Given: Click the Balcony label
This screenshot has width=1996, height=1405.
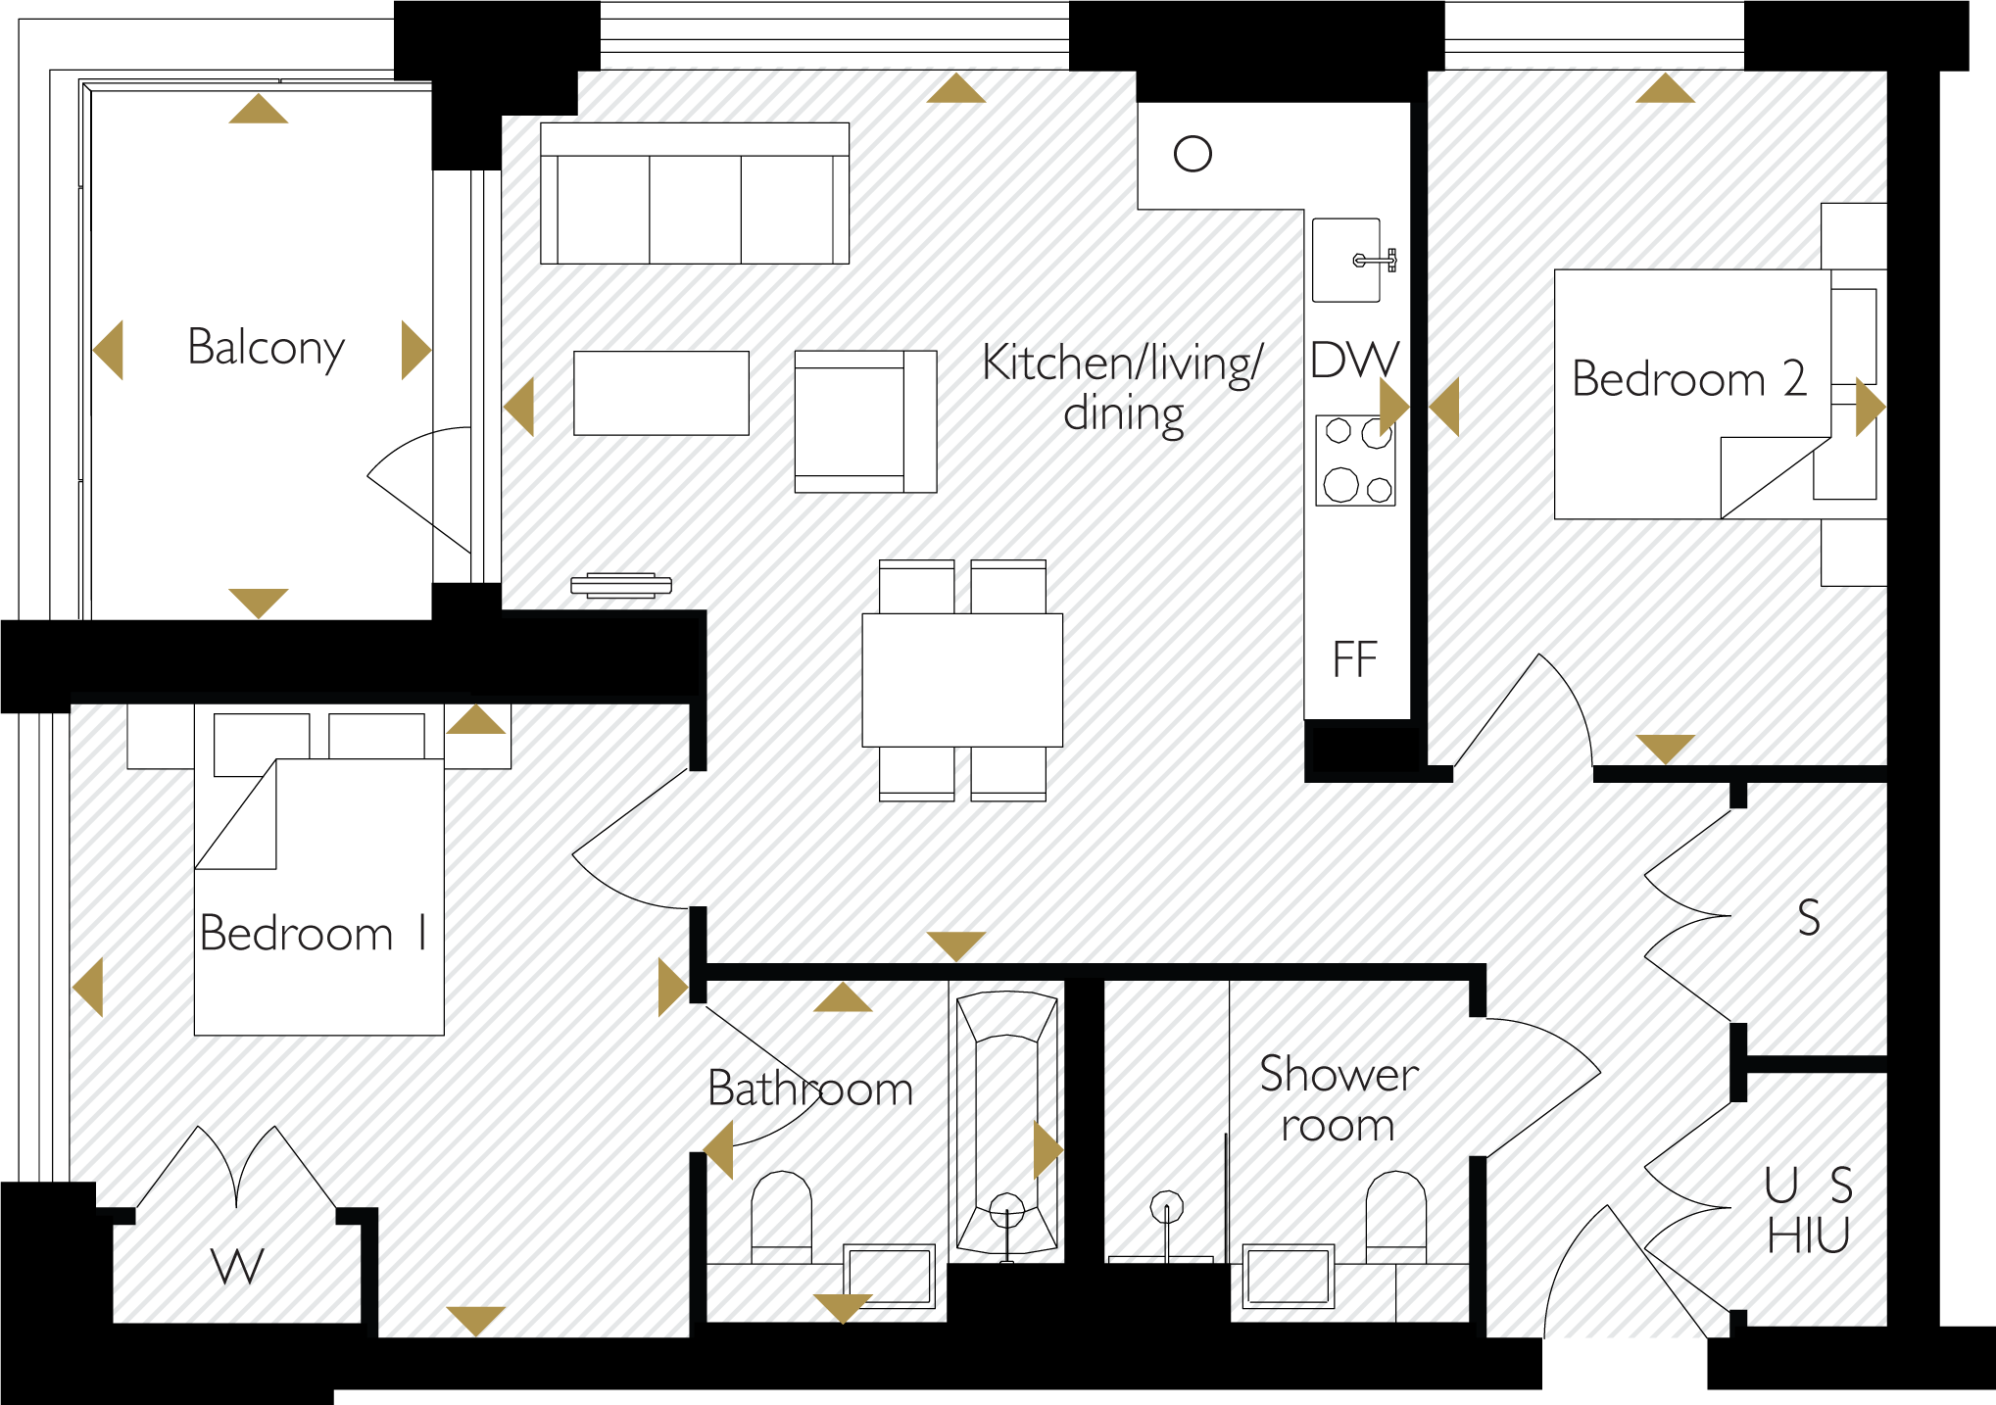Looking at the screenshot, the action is [266, 348].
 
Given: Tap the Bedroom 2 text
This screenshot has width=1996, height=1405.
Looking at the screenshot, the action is [1689, 378].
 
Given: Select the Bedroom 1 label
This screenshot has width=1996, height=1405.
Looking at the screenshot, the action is [314, 933].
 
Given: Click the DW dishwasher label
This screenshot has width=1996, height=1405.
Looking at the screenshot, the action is [1355, 360].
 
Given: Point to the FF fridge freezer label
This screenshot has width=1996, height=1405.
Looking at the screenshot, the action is [1355, 659].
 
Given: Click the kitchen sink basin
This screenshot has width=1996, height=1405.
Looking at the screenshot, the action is [1346, 260].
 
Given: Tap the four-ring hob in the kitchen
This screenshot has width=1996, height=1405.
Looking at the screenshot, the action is [1356, 460].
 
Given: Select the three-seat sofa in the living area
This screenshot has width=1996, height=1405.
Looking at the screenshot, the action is [695, 193].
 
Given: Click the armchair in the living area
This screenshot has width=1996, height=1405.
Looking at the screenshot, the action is [865, 421].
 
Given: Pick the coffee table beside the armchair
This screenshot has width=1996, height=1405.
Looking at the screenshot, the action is [661, 393].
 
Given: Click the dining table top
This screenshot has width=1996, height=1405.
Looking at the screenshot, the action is [962, 680].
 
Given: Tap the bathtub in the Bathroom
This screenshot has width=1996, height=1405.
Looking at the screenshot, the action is [1007, 1123].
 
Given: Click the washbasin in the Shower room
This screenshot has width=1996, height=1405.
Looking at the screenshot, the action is [1289, 1277].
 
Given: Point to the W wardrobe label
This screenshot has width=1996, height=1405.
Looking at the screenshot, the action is [238, 1266].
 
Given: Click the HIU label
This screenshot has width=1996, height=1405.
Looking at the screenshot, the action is [1809, 1236].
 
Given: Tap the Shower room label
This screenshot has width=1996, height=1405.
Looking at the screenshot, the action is [1339, 1098].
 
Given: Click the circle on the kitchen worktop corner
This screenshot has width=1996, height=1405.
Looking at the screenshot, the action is [1193, 154].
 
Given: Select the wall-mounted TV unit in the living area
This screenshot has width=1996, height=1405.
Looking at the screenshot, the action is [621, 585].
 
